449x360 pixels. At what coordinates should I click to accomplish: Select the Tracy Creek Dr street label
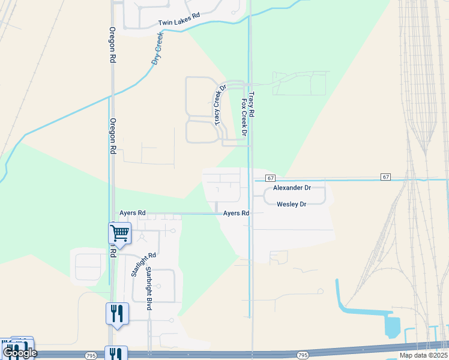click(x=220, y=105)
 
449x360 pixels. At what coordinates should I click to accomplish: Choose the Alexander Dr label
click(x=292, y=188)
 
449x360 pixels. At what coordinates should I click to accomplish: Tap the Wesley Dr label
click(x=291, y=205)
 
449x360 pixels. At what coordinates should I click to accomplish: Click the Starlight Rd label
click(x=135, y=264)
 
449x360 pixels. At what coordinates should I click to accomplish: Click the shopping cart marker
click(x=119, y=233)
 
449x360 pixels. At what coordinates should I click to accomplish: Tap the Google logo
click(x=19, y=353)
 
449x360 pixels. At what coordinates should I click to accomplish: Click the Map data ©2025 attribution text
click(x=423, y=355)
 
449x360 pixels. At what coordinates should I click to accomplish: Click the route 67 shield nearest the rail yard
click(x=385, y=176)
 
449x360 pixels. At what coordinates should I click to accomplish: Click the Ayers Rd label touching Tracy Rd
click(x=236, y=213)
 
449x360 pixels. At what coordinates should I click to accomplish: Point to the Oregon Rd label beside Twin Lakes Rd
click(x=112, y=45)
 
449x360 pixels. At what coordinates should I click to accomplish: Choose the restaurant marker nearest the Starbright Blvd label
click(x=117, y=313)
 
